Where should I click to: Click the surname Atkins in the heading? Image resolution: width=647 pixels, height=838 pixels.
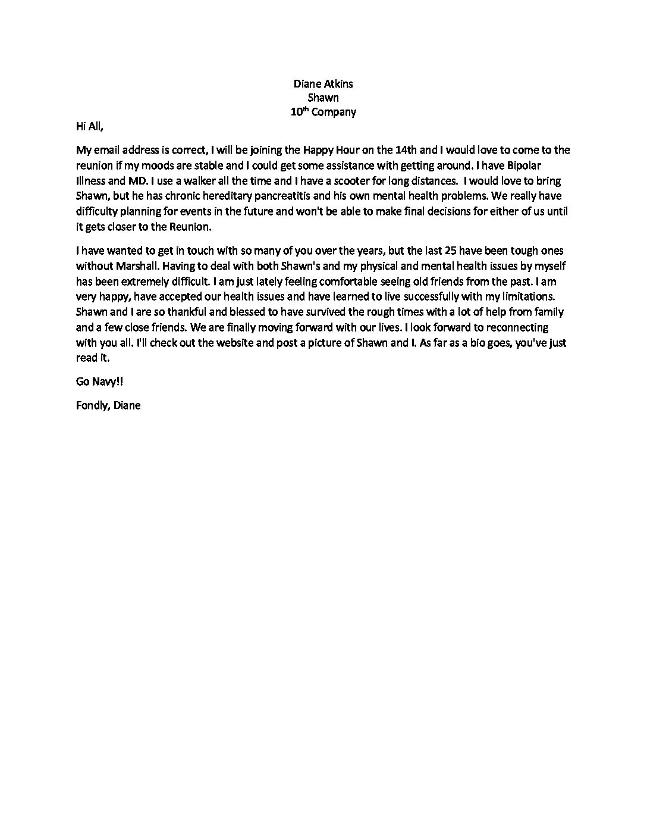tap(338, 83)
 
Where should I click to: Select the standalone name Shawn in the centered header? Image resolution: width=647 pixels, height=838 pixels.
tap(323, 98)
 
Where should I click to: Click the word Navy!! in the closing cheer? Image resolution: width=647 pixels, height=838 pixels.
tap(109, 381)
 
